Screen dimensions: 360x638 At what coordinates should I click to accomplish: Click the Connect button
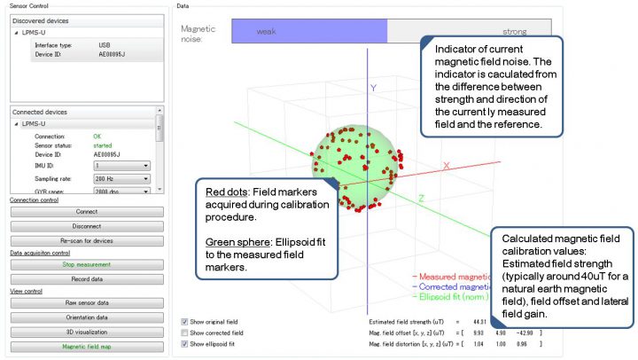click(x=86, y=212)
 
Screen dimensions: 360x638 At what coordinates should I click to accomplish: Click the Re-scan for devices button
click(x=86, y=240)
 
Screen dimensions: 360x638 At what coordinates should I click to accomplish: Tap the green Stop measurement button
click(x=86, y=264)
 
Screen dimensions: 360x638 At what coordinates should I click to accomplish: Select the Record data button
click(x=86, y=278)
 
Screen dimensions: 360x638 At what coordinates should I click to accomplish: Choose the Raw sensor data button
click(x=86, y=303)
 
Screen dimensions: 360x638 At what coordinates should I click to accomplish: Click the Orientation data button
click(x=86, y=317)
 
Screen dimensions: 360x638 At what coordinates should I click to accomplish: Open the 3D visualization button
click(x=86, y=332)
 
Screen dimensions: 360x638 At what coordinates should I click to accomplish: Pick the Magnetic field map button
click(x=86, y=346)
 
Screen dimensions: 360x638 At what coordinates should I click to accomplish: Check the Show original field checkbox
click(x=184, y=321)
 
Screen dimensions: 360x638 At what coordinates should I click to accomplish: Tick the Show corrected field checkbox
click(x=184, y=333)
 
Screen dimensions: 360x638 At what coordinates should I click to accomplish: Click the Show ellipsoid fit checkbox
click(x=184, y=344)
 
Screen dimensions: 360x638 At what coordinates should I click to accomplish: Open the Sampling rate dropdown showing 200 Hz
click(x=122, y=177)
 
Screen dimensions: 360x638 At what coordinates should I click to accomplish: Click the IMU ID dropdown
click(x=122, y=165)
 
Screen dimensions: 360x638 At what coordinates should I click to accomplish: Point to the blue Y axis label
click(x=374, y=89)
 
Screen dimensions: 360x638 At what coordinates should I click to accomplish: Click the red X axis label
click(x=447, y=166)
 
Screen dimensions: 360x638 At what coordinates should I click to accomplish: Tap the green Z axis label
click(x=421, y=198)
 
